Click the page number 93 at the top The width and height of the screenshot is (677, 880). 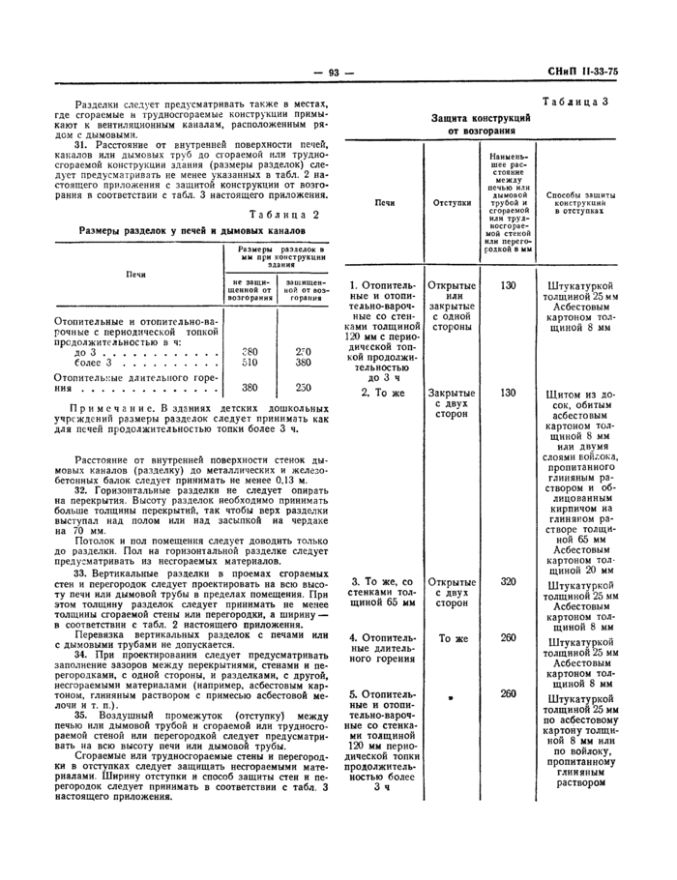click(338, 73)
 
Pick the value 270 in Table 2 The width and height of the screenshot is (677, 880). click(303, 351)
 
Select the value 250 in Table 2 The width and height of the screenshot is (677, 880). click(303, 387)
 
